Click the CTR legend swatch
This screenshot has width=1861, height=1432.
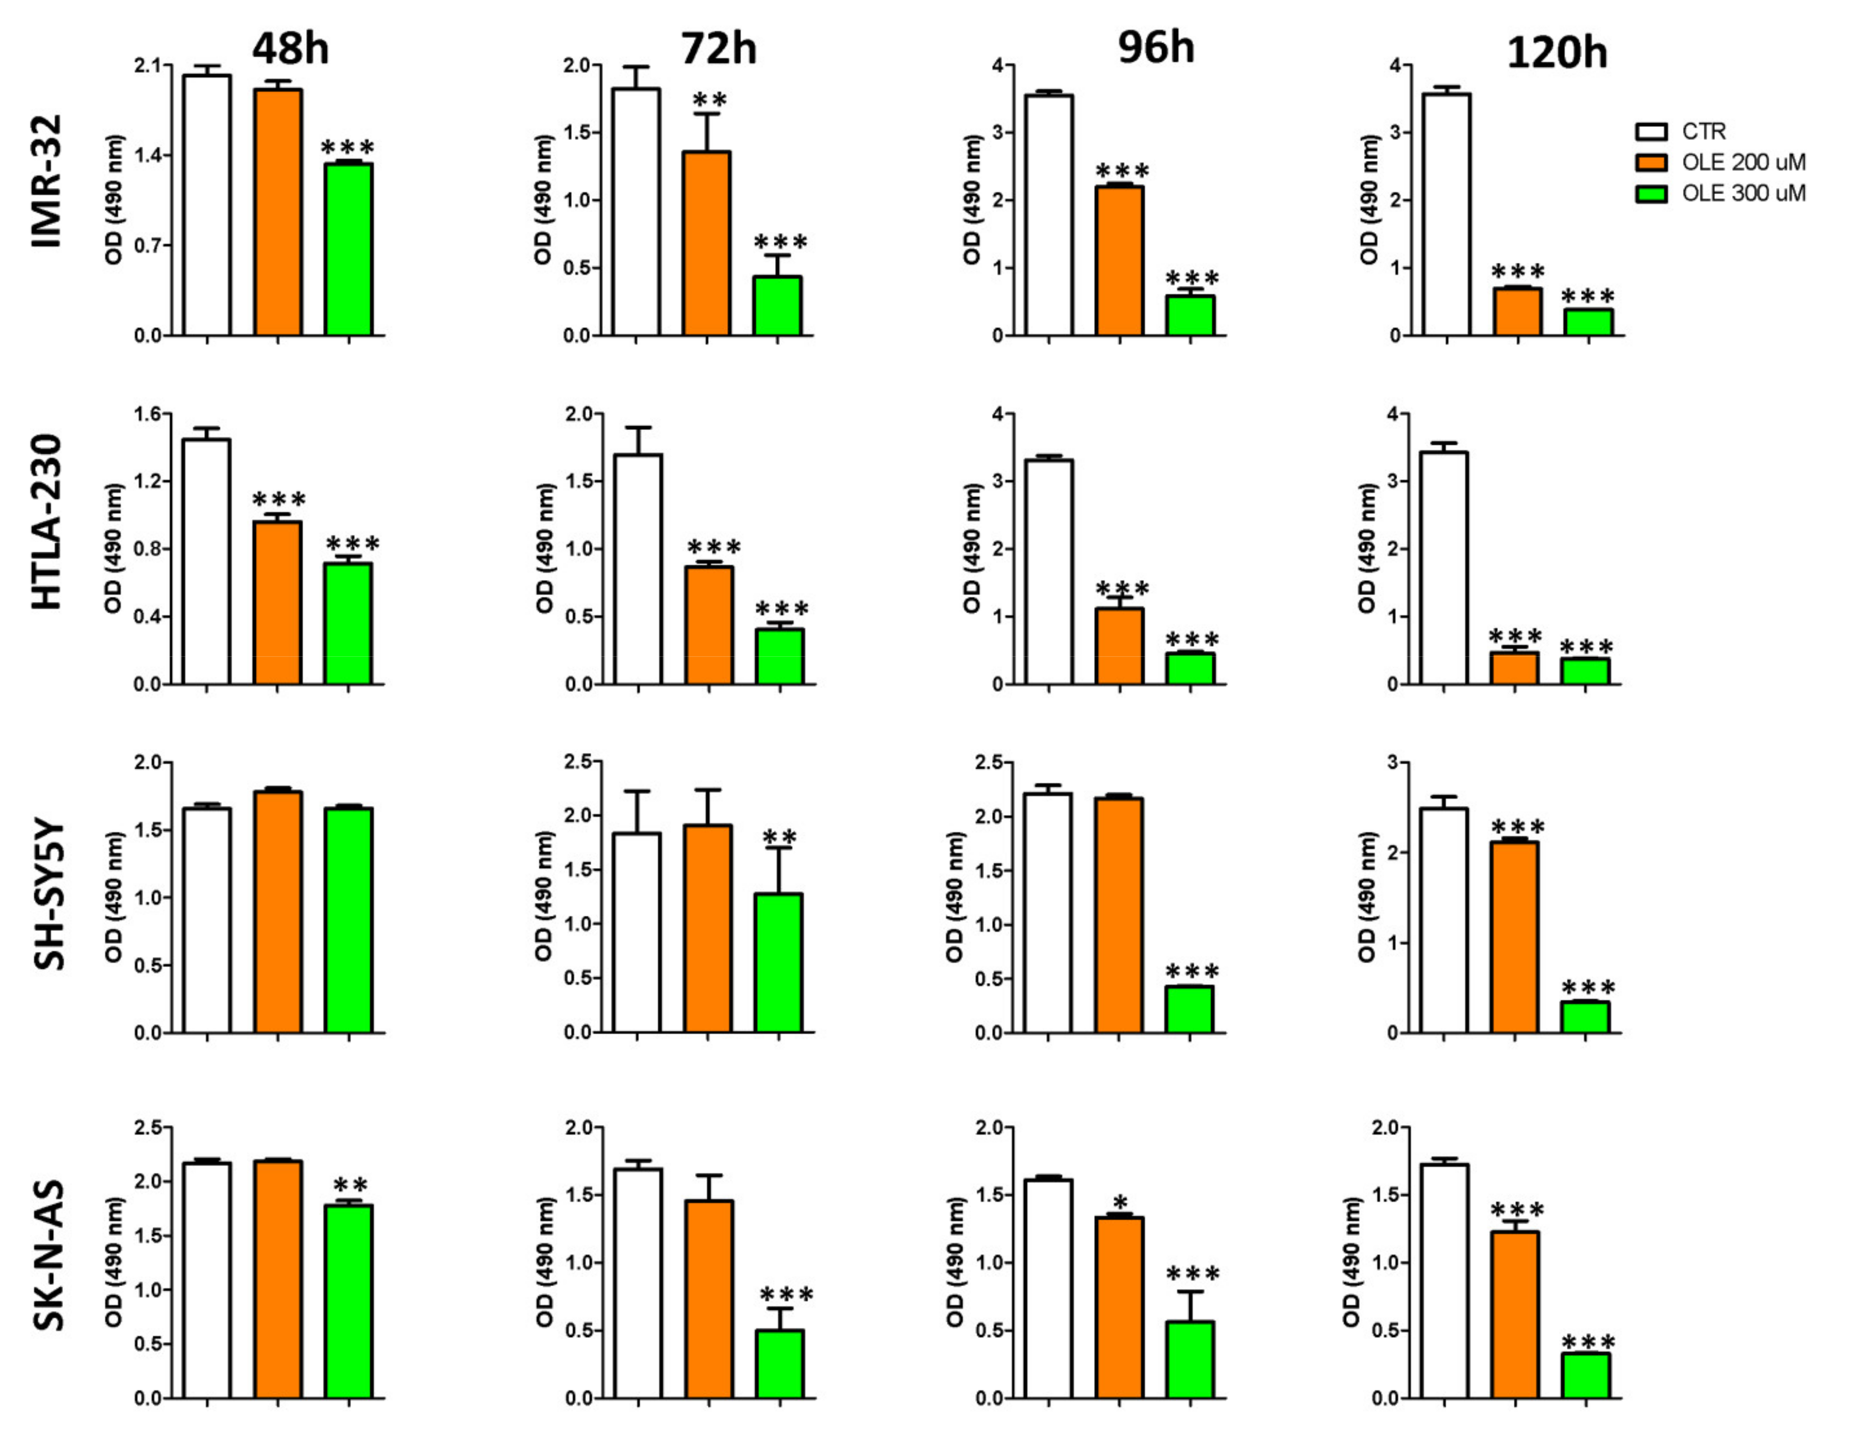click(x=1651, y=131)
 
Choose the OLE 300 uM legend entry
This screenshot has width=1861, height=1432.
click(x=1743, y=193)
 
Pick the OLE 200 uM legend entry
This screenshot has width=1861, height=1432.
click(x=1743, y=162)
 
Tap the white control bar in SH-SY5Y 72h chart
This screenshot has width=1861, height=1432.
click(x=637, y=933)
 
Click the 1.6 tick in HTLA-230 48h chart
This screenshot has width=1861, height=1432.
click(x=146, y=414)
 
